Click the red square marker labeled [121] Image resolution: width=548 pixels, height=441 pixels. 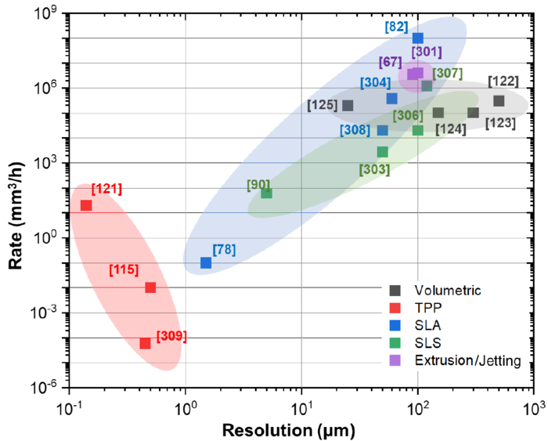point(86,205)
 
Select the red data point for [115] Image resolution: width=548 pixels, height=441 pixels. point(150,287)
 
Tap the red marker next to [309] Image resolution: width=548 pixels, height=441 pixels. point(145,343)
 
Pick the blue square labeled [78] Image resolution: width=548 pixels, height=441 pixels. point(206,263)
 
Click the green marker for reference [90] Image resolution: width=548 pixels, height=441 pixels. point(267,193)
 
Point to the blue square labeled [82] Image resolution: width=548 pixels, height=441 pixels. point(418,38)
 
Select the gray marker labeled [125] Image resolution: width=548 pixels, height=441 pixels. point(348,106)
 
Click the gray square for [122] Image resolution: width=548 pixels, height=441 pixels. point(499,101)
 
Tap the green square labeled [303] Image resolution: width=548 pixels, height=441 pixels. point(382,152)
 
